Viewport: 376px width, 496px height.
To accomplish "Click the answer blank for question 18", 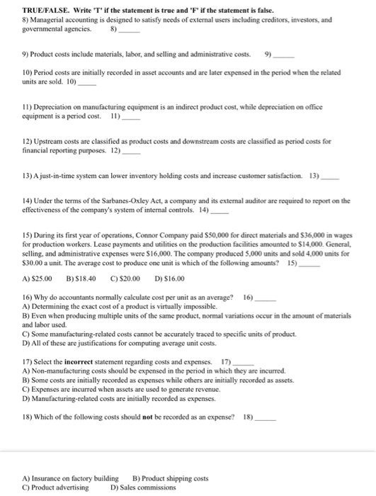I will point(266,419).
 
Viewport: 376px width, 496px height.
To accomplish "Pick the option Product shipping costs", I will point(171,478).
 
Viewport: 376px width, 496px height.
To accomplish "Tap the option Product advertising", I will point(50,487).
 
